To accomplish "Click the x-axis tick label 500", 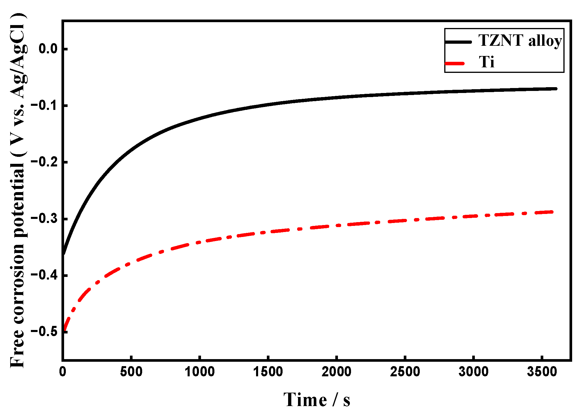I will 131,372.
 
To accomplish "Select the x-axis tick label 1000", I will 200,372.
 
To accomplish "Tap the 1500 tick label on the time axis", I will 268,372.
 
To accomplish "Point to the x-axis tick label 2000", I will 336,372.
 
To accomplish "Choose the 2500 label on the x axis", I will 405,372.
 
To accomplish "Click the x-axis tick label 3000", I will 473,372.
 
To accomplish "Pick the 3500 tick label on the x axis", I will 542,372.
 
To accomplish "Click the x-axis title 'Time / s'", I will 317,400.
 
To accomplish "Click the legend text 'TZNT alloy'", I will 520,41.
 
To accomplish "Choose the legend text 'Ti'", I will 486,62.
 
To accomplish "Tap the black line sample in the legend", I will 458,42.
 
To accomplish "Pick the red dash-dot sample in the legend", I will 455,63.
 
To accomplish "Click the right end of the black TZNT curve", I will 556,89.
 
